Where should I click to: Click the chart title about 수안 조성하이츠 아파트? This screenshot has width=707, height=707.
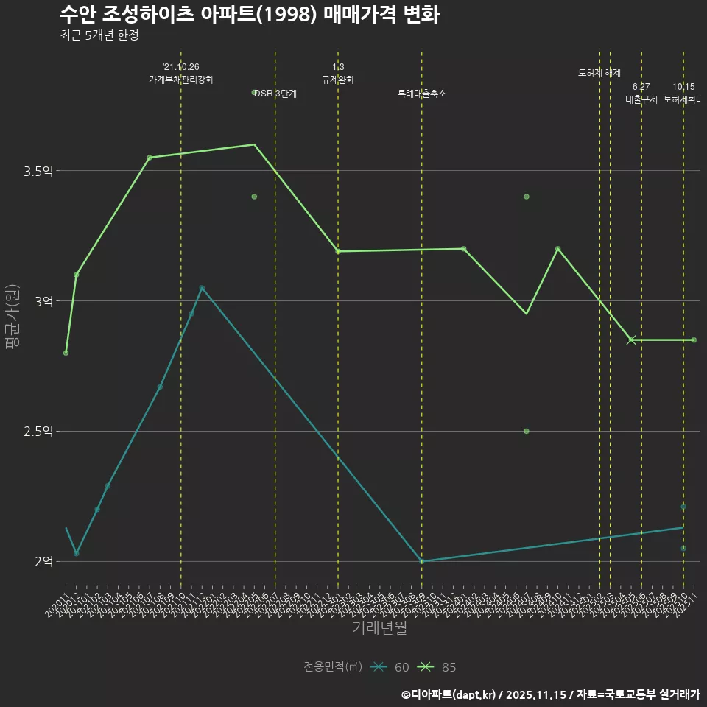point(249,15)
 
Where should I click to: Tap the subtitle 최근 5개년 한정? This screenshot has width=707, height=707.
point(99,35)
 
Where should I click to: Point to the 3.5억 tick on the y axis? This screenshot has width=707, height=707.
point(38,172)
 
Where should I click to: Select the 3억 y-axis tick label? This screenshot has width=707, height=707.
point(43,301)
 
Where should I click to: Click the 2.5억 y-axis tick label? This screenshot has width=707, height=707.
point(38,432)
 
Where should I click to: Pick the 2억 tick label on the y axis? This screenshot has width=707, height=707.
point(43,562)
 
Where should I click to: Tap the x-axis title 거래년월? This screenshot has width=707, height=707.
point(379,627)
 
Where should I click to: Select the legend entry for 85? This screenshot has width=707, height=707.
point(437,667)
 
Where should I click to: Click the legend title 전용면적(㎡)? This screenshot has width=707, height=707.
point(333,667)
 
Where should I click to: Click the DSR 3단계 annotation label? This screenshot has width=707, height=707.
point(275,94)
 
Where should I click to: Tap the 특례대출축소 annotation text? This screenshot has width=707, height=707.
point(422,94)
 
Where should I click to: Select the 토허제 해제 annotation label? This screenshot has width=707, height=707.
point(599,73)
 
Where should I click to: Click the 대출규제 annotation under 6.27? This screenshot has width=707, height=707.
point(641,99)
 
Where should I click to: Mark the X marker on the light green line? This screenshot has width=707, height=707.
point(631,340)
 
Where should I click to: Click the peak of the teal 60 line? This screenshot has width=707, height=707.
point(202,288)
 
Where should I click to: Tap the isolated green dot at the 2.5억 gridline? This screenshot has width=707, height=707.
point(527,431)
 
